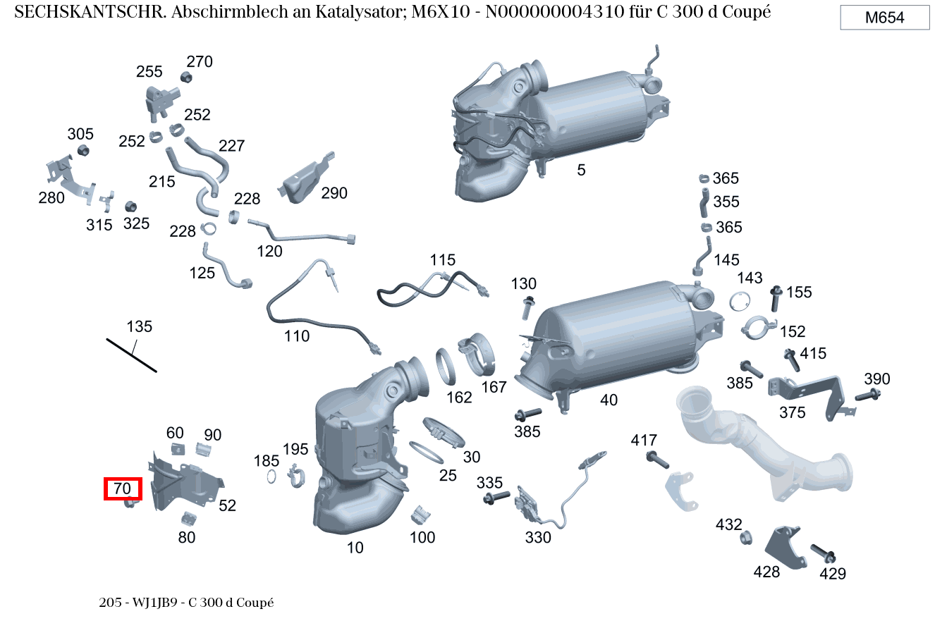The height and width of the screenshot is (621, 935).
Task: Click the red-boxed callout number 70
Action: (123, 488)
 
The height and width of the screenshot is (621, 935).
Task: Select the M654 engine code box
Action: (885, 18)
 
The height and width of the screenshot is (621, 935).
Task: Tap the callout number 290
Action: (334, 193)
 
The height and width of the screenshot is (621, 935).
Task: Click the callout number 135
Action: (140, 326)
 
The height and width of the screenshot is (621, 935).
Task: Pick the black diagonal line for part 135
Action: (131, 355)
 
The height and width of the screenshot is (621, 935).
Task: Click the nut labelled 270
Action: (186, 78)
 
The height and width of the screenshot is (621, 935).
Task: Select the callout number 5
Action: (581, 170)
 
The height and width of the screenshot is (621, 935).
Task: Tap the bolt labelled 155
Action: (776, 298)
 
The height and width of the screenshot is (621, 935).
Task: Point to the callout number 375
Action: (793, 413)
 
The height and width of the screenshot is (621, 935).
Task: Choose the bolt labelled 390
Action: (868, 395)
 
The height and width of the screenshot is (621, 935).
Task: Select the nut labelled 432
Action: (745, 538)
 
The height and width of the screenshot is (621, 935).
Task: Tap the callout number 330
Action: (538, 538)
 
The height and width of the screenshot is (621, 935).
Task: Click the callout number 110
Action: (297, 336)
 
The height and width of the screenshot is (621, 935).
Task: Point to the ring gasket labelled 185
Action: (271, 476)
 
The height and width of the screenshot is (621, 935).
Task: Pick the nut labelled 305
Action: (83, 150)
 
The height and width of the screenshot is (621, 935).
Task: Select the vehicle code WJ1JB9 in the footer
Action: (155, 603)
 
